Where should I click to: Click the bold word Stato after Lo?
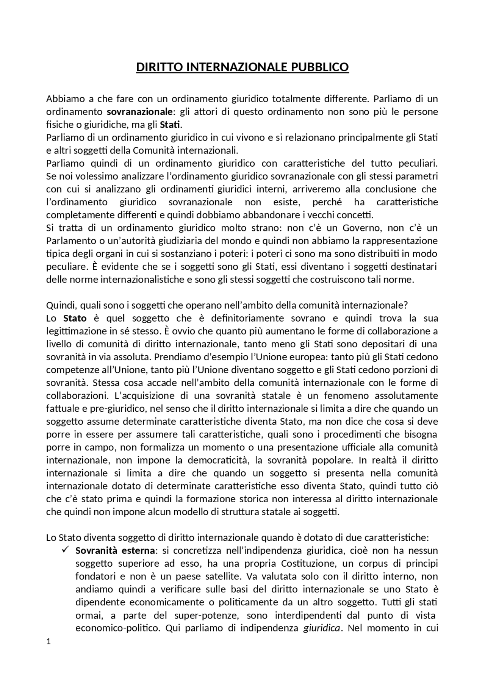[x=75, y=318]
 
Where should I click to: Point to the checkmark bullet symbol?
[x=64, y=550]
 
